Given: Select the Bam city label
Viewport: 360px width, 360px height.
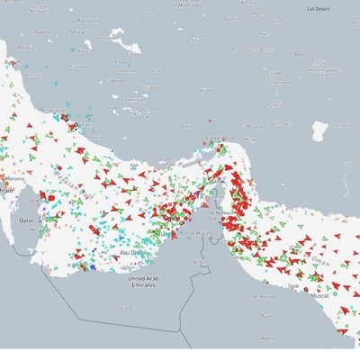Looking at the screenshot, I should point(301,54).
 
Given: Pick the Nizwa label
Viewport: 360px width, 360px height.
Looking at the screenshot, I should point(268,316).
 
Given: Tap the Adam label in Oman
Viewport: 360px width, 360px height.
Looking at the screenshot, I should point(266,338).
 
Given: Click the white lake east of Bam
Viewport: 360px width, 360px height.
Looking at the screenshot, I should point(319,132).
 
